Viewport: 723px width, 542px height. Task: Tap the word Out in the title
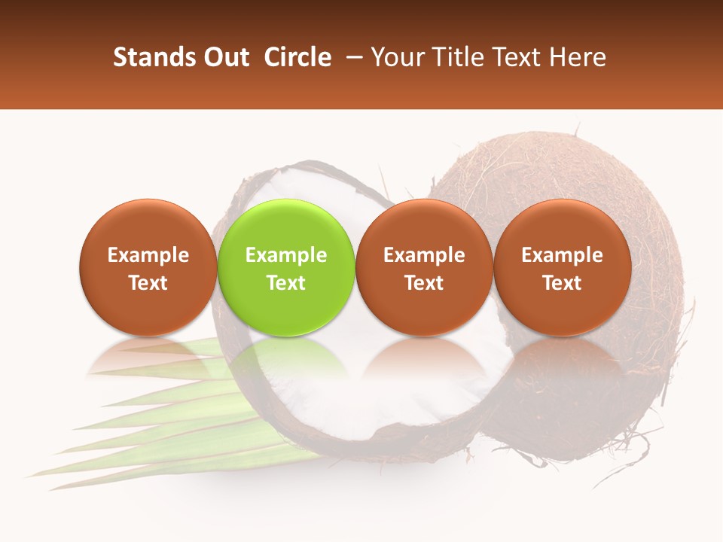click(225, 57)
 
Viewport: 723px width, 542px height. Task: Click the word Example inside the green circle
click(286, 256)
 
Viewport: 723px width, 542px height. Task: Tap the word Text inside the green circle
click(286, 283)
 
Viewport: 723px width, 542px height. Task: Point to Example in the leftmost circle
click(148, 256)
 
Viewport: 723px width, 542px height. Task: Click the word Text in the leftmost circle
click(148, 283)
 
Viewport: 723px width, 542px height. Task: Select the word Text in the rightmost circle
click(563, 283)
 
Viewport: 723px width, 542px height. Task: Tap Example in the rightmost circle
click(563, 256)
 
